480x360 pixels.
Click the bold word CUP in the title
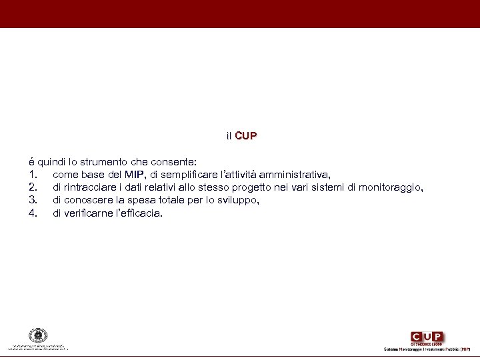[245, 136]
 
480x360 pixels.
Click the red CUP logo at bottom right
[427, 337]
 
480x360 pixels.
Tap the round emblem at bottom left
[38, 336]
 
